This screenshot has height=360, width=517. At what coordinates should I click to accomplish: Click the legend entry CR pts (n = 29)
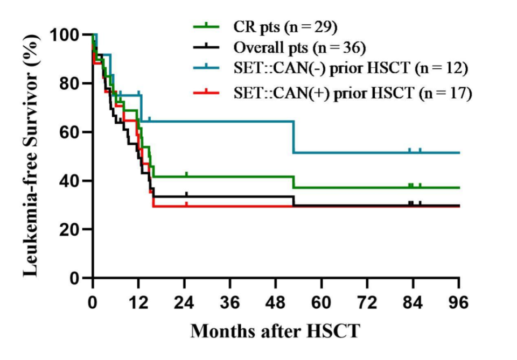click(x=285, y=25)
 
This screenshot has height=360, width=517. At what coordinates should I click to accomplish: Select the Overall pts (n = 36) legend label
click(x=300, y=48)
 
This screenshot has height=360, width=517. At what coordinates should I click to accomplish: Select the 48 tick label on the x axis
click(x=276, y=302)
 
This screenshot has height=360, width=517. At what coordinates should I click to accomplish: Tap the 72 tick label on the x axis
click(x=367, y=302)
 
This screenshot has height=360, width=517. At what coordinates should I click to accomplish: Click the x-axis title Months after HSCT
click(x=275, y=330)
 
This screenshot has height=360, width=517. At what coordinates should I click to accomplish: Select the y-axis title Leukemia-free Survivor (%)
click(x=31, y=156)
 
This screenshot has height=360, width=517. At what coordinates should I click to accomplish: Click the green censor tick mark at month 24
click(x=186, y=174)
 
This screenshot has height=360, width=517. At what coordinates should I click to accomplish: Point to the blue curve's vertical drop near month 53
click(x=294, y=137)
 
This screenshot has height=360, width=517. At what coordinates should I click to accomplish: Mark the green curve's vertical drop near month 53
click(x=294, y=182)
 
